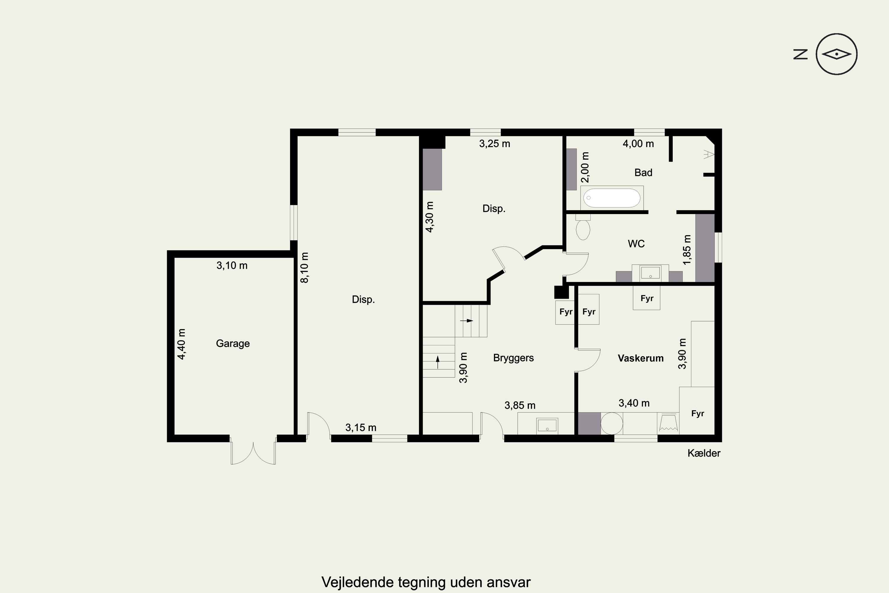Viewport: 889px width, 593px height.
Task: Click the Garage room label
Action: [x=233, y=343]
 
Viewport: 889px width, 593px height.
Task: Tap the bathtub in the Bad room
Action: [x=612, y=198]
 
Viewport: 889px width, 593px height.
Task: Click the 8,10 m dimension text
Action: [x=304, y=267]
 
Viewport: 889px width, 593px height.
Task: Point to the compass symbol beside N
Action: [x=837, y=54]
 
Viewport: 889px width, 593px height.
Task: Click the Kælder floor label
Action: [x=704, y=453]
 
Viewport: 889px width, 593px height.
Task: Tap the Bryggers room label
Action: [x=513, y=358]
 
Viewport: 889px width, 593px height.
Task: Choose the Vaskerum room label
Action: [x=641, y=358]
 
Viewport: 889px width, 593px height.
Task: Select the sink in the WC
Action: [x=650, y=273]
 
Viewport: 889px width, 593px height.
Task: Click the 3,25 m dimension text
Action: [x=495, y=144]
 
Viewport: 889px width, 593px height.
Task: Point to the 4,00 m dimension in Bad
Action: [x=638, y=144]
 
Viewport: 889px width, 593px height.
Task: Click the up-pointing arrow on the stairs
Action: [x=438, y=362]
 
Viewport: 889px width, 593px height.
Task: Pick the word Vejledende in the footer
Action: [x=357, y=582]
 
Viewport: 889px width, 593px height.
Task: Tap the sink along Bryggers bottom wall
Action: [x=547, y=425]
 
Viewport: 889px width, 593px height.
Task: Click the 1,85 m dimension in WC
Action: [x=687, y=250]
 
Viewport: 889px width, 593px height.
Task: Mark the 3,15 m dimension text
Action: [x=361, y=428]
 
